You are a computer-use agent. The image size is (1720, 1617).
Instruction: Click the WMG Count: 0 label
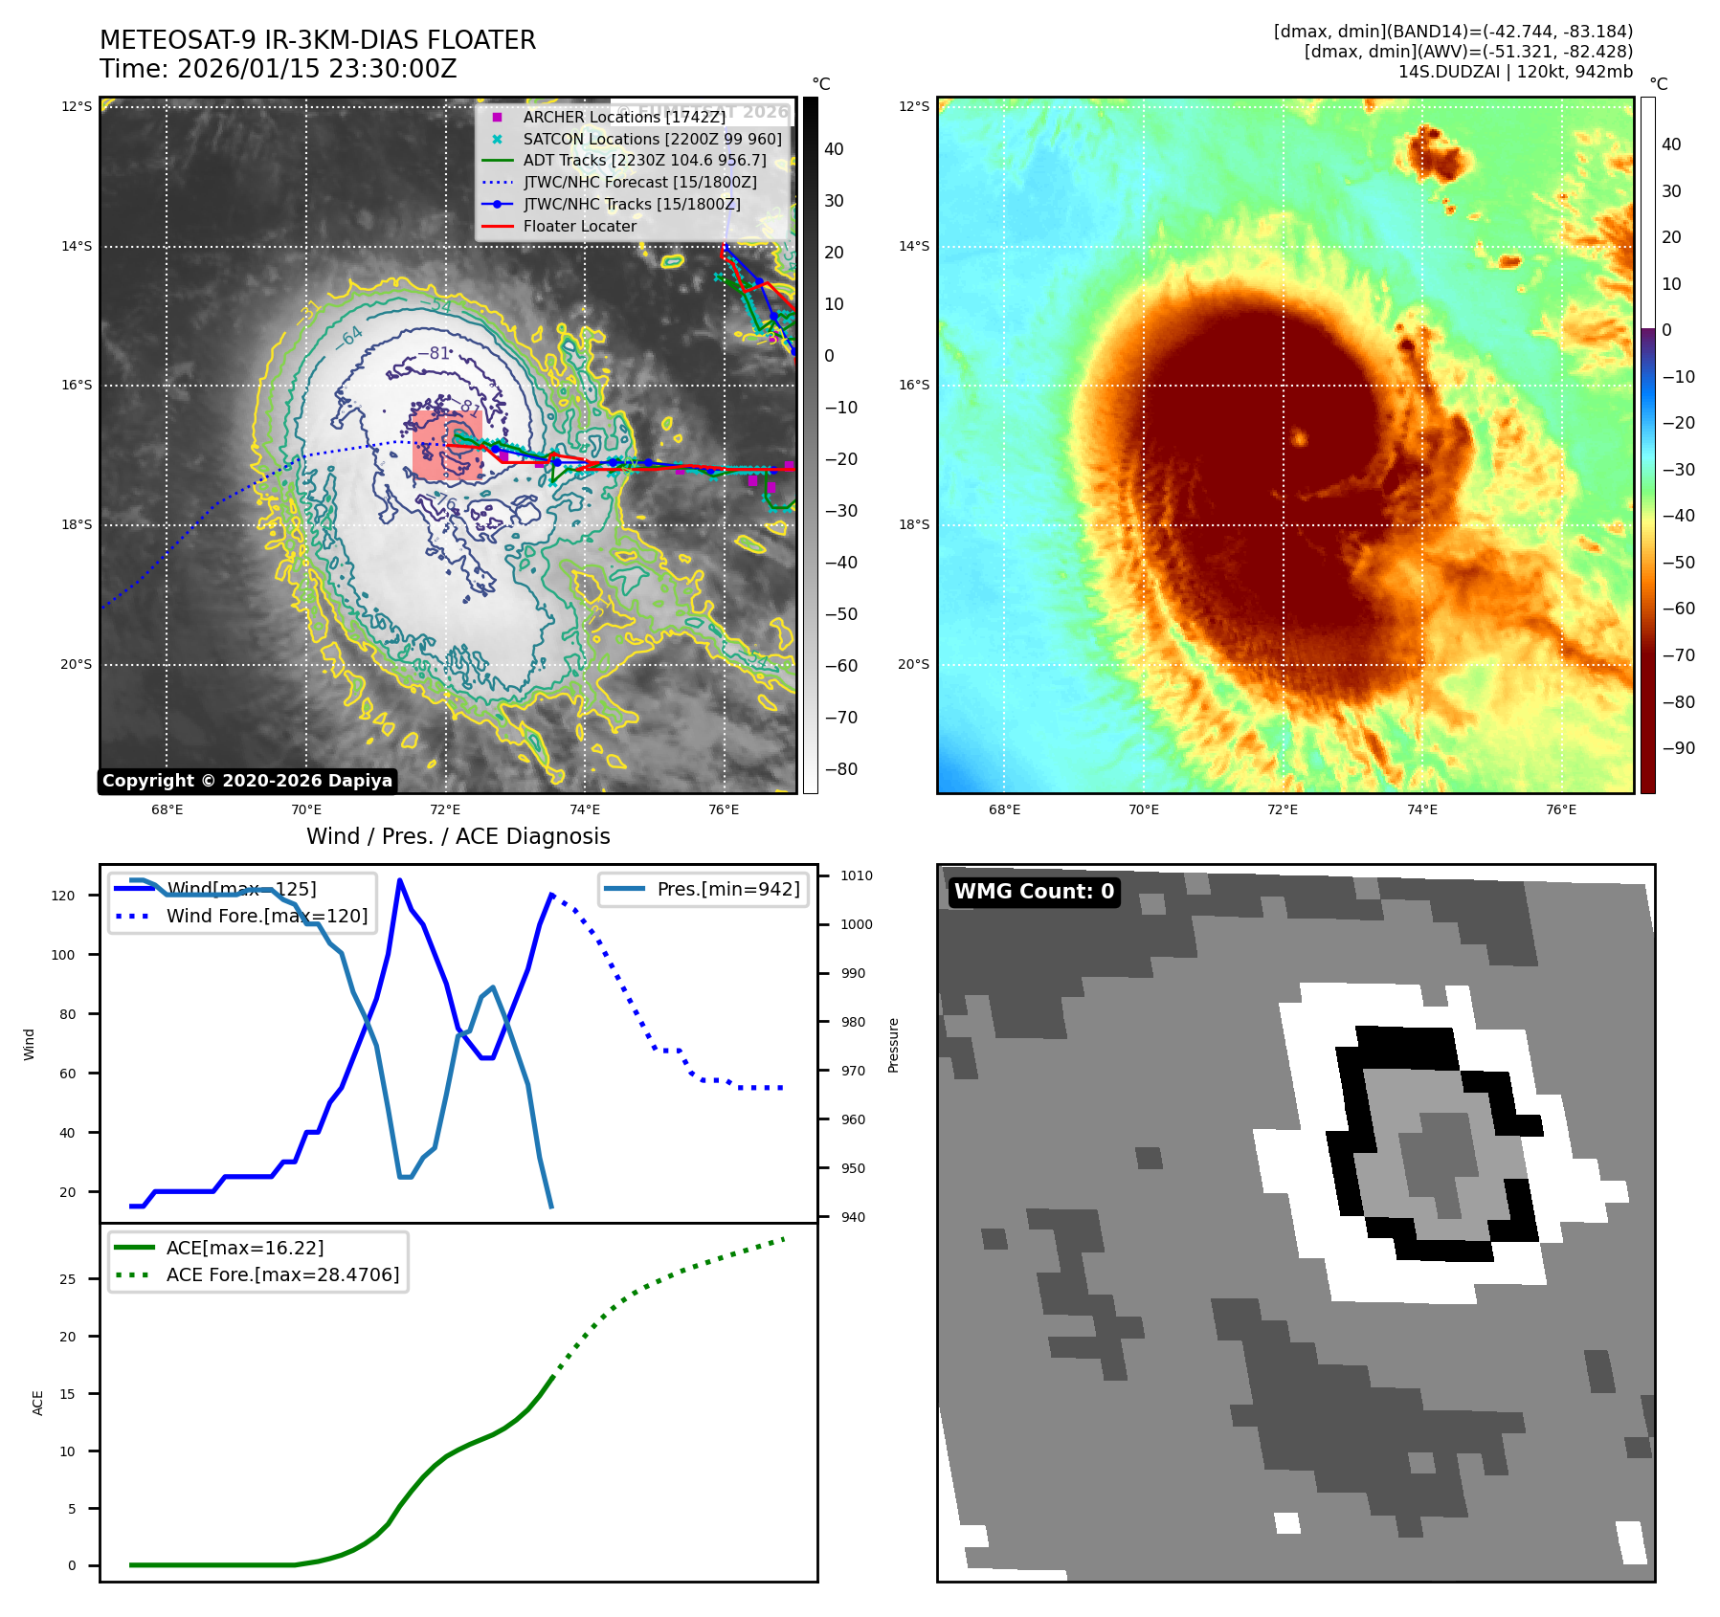1034,892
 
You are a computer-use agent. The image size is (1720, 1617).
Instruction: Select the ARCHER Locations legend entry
624,117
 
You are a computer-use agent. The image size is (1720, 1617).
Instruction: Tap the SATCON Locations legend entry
652,139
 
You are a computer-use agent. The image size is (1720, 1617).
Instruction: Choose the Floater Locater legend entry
579,226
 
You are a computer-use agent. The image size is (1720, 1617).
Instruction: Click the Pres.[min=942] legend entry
727,889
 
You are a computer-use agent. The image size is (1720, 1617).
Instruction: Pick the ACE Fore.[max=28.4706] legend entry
282,1274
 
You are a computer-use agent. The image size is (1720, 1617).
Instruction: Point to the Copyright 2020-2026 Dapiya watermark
247,781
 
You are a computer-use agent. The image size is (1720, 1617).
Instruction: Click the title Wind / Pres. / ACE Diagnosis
458,836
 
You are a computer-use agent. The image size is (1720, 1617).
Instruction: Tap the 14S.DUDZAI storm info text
1515,72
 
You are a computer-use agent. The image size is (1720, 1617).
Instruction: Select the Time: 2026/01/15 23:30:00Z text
278,69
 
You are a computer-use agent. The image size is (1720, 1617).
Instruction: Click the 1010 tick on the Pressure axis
857,875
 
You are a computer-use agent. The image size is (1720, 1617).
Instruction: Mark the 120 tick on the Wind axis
63,896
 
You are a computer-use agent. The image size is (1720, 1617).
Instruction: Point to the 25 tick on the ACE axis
68,1278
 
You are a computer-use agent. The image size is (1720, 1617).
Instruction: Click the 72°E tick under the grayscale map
445,809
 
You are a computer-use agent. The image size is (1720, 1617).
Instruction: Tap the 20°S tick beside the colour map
913,664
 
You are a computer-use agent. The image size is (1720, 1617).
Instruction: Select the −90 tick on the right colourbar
1678,748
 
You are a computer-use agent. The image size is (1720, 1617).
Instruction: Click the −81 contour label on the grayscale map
434,353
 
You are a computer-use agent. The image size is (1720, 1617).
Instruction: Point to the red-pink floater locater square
446,446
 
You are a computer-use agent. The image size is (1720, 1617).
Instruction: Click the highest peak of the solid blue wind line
399,880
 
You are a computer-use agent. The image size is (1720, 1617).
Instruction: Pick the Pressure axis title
893,1045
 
